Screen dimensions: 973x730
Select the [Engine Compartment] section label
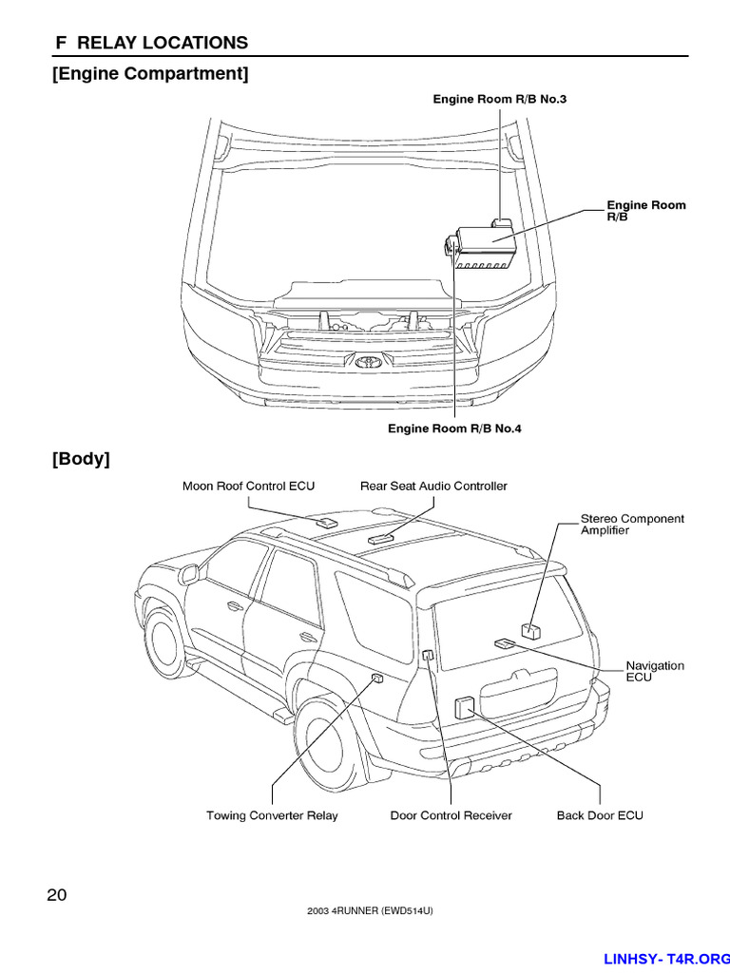[150, 73]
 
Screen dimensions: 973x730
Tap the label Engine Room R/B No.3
[499, 99]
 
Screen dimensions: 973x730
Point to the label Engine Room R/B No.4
[454, 429]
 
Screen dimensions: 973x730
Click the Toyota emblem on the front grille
[367, 361]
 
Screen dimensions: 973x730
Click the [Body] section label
[81, 459]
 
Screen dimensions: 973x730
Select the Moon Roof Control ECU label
[248, 486]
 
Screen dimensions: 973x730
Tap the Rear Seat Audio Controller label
[433, 486]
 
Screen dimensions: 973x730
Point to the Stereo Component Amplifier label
[632, 525]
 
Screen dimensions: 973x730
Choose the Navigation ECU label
[654, 671]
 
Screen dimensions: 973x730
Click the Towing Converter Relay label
[272, 815]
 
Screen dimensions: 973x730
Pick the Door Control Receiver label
[451, 815]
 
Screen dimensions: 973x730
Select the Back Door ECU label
[600, 815]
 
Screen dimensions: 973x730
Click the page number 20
[56, 894]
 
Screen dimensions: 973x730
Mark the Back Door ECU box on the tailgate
[465, 706]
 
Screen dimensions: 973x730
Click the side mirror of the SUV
[188, 574]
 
